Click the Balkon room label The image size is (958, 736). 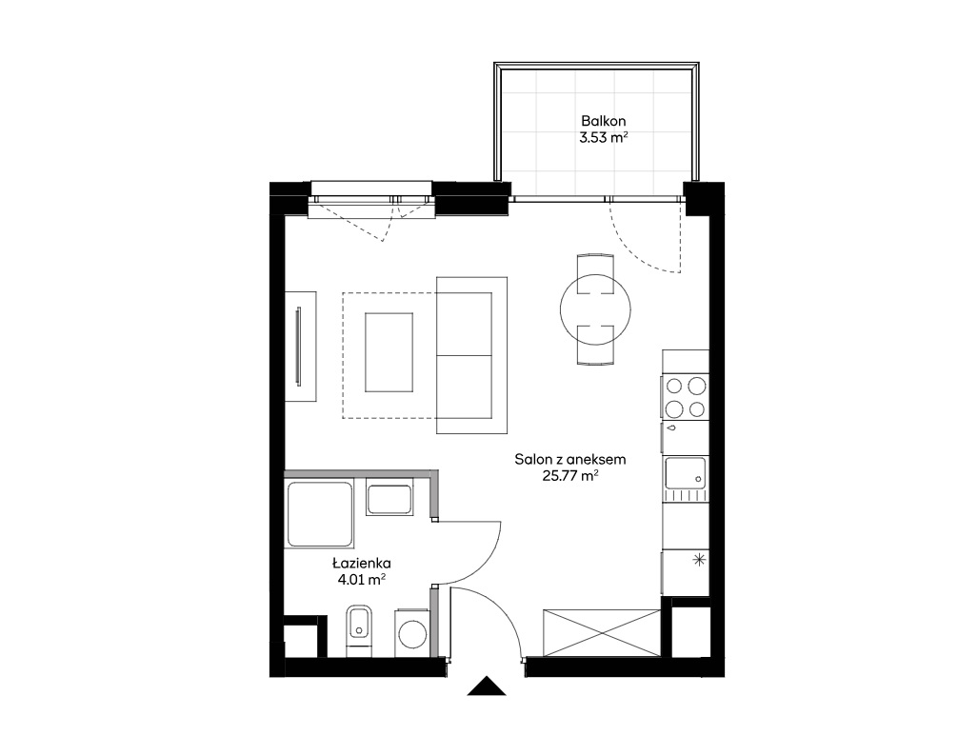click(x=603, y=121)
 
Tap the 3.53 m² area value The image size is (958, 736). click(x=604, y=137)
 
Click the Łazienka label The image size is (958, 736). click(x=361, y=563)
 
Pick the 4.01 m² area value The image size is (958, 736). click(x=361, y=580)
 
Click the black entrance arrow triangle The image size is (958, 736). click(x=487, y=686)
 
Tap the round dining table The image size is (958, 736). click(x=595, y=309)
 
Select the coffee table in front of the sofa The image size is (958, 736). click(x=389, y=352)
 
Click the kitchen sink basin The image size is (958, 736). click(x=685, y=473)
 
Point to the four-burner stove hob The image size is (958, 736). click(x=685, y=397)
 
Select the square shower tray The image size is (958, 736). click(x=321, y=513)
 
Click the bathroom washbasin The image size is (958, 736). click(x=389, y=499)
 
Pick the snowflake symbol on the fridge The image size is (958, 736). click(x=699, y=559)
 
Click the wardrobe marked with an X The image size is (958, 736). click(x=602, y=632)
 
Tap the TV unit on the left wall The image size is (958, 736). click(x=301, y=347)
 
